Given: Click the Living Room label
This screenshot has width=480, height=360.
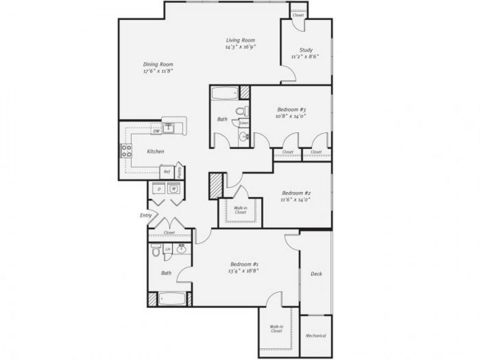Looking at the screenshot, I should click(x=240, y=40).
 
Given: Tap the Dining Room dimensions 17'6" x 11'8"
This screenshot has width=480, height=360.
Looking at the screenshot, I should click(x=158, y=71).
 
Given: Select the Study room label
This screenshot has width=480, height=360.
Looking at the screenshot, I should click(x=306, y=50).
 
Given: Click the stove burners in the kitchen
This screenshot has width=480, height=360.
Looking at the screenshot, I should click(x=126, y=151).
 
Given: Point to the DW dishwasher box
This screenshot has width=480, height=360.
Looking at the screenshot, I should click(x=156, y=130).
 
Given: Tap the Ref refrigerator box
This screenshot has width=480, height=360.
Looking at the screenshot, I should click(x=167, y=172).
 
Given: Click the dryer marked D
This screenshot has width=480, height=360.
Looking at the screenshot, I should click(x=159, y=188).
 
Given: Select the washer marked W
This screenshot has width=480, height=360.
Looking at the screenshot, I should click(x=174, y=188).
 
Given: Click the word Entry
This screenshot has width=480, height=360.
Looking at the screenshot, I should click(x=146, y=215).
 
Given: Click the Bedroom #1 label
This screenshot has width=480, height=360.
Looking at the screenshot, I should click(x=244, y=264).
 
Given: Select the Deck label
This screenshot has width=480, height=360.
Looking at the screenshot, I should click(x=316, y=274).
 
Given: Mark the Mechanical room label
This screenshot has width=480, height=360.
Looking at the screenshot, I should click(x=316, y=336).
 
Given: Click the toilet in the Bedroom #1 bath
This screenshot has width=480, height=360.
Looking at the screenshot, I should click(x=156, y=252).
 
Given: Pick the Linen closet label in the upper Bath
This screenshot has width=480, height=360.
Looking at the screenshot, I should click(x=244, y=123).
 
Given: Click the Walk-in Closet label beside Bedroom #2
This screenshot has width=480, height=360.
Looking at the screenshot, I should click(x=240, y=210).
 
